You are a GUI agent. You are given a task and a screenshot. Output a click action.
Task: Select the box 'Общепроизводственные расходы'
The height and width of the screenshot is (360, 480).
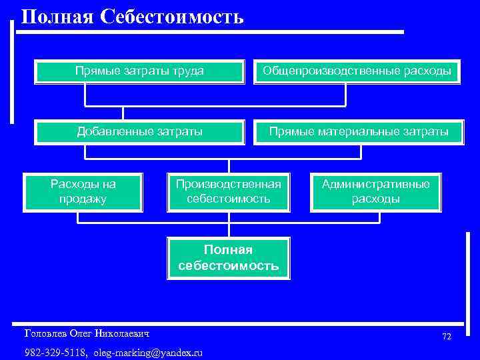pos(357,71)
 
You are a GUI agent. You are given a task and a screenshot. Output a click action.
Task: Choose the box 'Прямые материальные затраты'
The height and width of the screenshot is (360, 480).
pos(357,132)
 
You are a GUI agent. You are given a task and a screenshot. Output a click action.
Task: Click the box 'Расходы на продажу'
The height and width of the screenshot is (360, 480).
pos(83,191)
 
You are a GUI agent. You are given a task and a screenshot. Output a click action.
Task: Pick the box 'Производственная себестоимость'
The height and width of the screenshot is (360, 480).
pos(229,191)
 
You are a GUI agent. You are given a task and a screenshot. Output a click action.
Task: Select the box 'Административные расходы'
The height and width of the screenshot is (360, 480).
pos(376,191)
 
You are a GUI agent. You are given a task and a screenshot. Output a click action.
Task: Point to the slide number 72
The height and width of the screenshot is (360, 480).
pos(446,337)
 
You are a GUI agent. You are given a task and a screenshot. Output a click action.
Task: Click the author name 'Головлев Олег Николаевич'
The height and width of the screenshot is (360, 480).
pos(87,333)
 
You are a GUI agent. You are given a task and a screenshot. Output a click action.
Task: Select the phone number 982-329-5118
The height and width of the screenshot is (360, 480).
pos(55,352)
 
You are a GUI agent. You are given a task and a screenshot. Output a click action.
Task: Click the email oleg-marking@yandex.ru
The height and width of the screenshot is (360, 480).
pos(148,352)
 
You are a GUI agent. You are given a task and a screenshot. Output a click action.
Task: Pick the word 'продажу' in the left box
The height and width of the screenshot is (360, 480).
pos(83,199)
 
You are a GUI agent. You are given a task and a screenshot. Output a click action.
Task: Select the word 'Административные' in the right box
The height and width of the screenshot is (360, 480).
pos(376,184)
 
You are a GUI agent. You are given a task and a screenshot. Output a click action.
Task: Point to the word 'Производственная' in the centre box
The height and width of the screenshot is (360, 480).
pos(229,184)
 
